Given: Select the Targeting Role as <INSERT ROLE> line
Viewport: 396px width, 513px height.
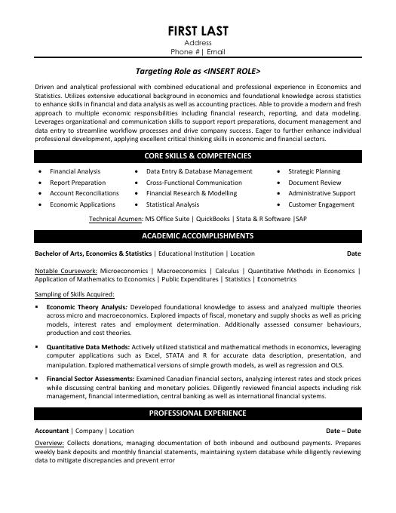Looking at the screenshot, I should [198, 71].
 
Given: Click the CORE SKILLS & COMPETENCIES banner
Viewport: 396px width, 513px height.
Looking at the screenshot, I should [198, 156].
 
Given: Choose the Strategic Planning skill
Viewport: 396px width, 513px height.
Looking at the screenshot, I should [314, 172].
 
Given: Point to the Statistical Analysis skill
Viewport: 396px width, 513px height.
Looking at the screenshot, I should [173, 204].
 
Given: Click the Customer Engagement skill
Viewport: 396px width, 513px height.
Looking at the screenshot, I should [321, 204].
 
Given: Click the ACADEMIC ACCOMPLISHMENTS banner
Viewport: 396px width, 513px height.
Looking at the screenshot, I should [198, 236].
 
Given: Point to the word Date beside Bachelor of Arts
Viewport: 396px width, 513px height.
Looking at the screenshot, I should [354, 253].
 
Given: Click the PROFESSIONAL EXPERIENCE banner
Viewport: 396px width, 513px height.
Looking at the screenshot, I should [198, 413].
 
